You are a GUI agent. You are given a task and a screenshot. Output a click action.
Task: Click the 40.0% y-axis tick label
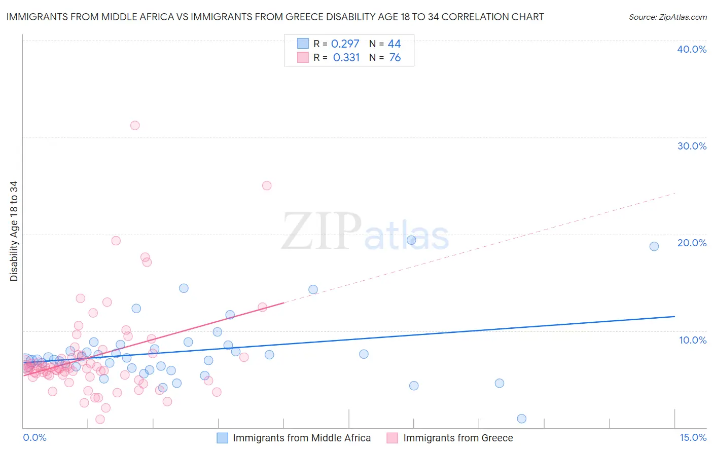click(x=692, y=49)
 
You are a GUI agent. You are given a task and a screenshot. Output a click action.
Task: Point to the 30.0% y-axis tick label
click(x=692, y=146)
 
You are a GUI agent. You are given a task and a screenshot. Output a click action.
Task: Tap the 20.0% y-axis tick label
click(x=692, y=243)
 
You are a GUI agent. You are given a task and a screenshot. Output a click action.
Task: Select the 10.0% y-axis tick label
click(x=693, y=340)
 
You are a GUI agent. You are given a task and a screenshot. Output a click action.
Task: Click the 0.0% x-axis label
click(x=34, y=437)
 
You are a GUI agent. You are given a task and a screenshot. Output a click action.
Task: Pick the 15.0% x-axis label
click(x=693, y=437)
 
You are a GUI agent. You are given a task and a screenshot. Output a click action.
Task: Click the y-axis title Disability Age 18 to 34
click(x=14, y=231)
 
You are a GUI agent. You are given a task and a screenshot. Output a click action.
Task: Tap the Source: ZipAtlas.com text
click(x=667, y=17)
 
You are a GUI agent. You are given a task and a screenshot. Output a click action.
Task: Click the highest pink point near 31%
click(x=135, y=125)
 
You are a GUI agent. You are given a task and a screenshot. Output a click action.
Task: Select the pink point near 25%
click(x=267, y=185)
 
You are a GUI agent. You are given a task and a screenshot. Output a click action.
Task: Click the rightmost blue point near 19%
click(x=654, y=246)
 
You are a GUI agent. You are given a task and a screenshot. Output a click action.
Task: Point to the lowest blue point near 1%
click(x=521, y=419)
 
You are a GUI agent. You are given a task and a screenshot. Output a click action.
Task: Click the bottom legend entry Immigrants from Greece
click(x=458, y=438)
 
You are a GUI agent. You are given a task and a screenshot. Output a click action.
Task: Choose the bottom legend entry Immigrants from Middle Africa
click(x=302, y=438)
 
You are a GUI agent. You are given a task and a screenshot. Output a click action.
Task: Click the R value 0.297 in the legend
click(x=345, y=44)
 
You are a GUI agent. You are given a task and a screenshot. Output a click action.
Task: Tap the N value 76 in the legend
click(x=395, y=58)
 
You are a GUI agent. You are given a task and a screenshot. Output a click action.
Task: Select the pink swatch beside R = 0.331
click(x=303, y=57)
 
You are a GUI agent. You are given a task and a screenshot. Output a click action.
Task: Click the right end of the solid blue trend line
click(x=674, y=316)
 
